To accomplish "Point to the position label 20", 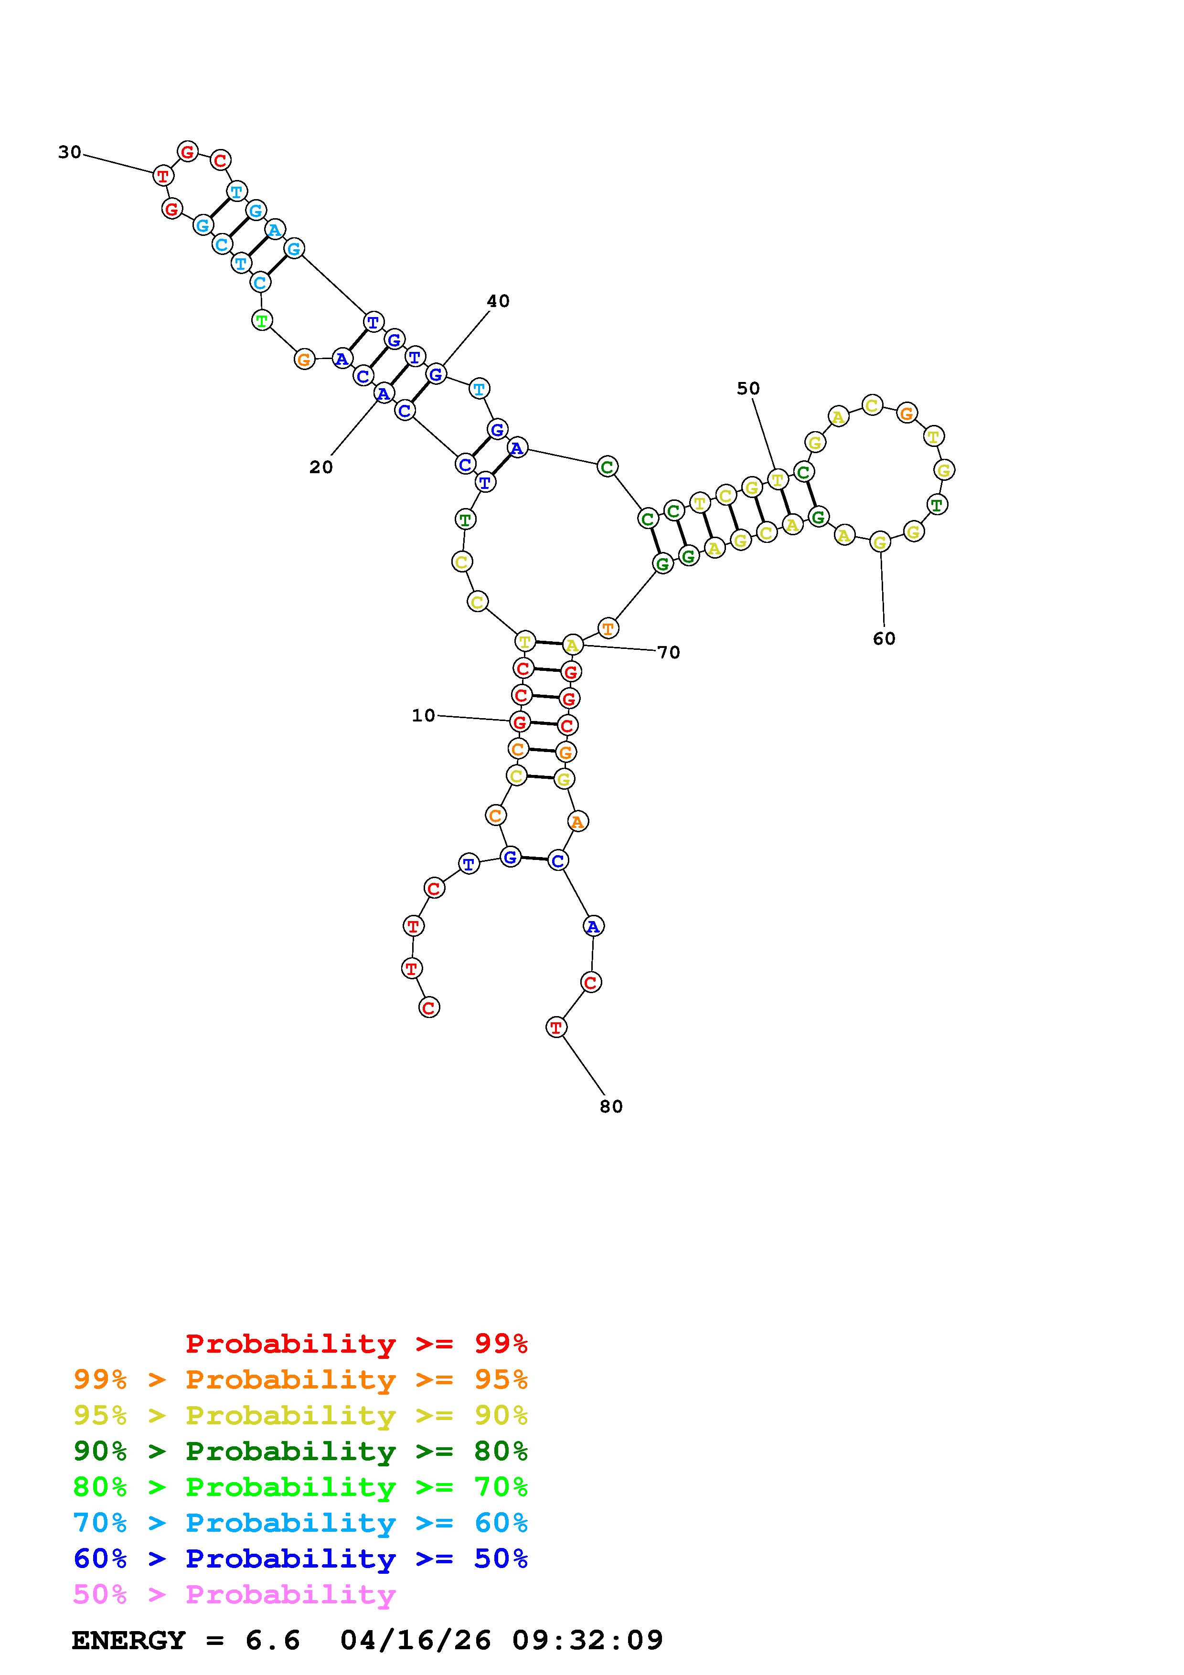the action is [321, 467].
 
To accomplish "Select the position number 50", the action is [748, 388].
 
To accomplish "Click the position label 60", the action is [884, 638].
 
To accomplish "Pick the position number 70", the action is [669, 652].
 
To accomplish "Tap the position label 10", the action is [423, 716].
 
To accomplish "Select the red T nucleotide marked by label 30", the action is [163, 175].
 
